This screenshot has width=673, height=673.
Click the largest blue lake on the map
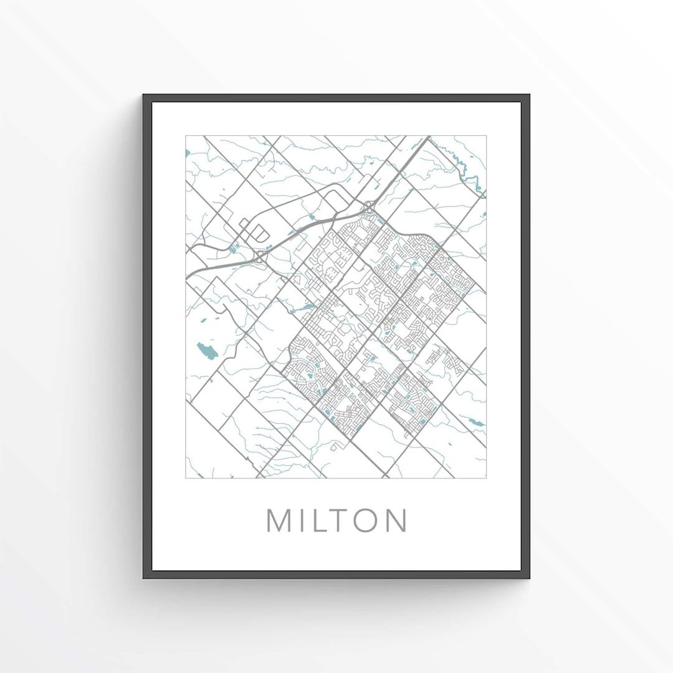coord(207,351)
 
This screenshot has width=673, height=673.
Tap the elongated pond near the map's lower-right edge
coord(476,422)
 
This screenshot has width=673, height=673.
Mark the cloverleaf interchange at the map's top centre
coord(370,206)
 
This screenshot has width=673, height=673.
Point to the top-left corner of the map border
coord(186,136)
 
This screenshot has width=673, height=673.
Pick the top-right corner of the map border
coord(486,136)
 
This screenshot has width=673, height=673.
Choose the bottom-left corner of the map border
coord(186,478)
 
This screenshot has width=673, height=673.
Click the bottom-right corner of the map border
coord(486,478)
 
